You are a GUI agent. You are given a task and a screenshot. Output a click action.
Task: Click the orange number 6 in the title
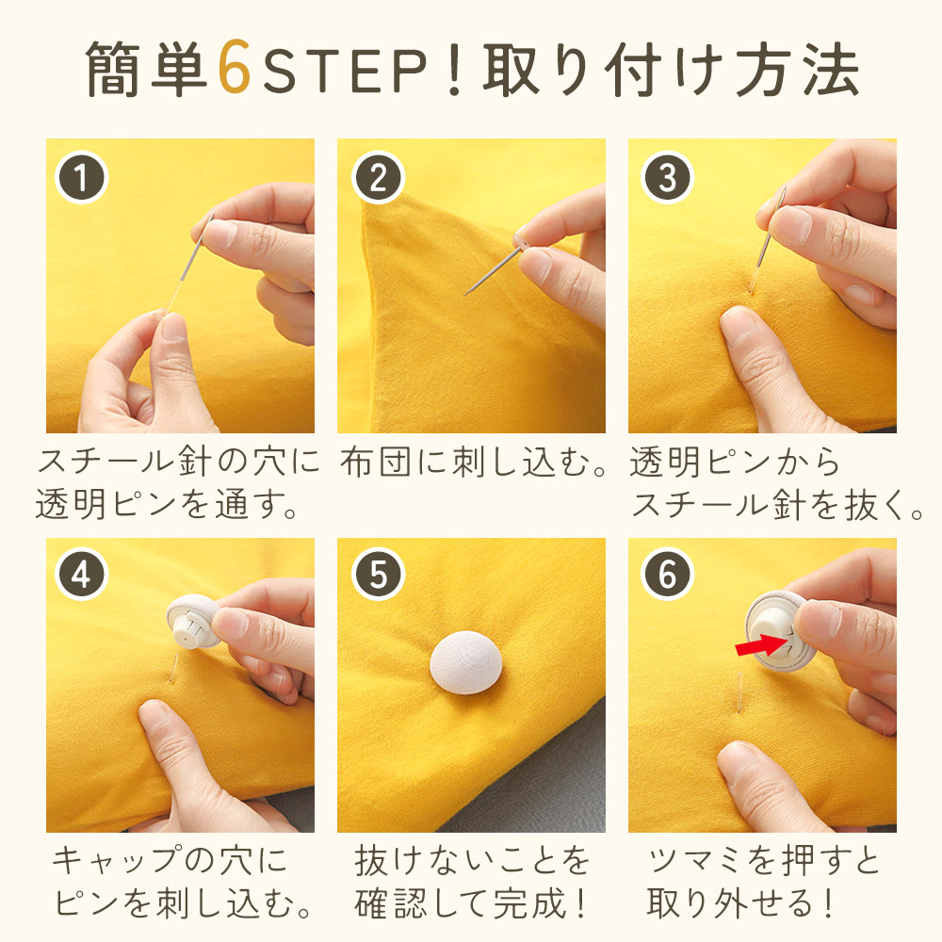(235, 67)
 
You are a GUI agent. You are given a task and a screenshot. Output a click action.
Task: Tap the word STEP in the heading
(346, 71)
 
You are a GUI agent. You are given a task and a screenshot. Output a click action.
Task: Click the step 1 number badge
(81, 178)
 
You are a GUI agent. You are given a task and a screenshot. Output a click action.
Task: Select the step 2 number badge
(378, 178)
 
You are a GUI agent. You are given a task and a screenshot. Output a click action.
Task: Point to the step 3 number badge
(668, 178)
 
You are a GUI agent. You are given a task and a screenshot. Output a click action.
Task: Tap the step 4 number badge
(81, 575)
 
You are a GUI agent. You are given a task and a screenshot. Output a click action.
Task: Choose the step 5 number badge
(378, 575)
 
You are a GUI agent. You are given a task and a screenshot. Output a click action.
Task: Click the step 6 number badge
(668, 575)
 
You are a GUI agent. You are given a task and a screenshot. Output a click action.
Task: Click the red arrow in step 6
(760, 645)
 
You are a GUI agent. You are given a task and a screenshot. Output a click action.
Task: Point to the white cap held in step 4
(192, 621)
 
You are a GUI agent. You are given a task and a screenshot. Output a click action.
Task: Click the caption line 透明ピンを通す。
(167, 504)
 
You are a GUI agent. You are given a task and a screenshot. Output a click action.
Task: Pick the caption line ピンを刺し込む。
(183, 903)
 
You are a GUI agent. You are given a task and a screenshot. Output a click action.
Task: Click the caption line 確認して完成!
(470, 903)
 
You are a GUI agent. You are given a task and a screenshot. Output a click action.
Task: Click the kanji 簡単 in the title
(147, 69)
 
